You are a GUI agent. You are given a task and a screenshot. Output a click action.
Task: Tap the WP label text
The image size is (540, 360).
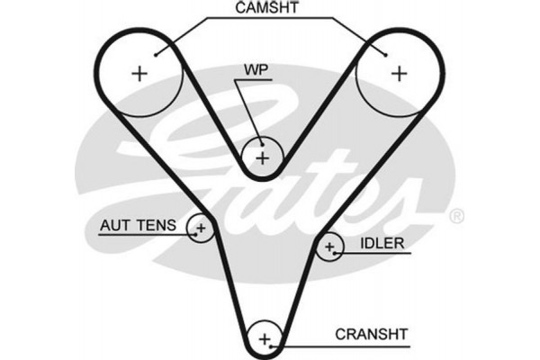click(x=256, y=68)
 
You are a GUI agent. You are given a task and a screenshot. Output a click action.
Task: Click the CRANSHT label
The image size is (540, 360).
click(x=372, y=333)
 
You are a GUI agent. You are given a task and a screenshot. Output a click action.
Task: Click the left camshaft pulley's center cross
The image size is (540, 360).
click(x=139, y=74)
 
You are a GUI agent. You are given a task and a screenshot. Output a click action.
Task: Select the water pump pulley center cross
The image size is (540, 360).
click(x=262, y=158)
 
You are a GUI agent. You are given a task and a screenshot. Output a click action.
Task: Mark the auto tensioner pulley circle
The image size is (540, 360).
click(x=200, y=229)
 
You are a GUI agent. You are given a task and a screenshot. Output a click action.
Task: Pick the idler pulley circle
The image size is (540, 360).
click(x=330, y=246)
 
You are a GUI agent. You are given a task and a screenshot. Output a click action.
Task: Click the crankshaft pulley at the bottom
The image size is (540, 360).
click(x=265, y=338)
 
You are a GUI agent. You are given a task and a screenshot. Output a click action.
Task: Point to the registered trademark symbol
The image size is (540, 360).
click(x=456, y=216)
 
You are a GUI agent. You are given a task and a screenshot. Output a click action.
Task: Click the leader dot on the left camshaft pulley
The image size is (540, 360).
click(x=157, y=55)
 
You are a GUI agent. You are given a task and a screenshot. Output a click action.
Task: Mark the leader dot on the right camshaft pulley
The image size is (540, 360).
click(x=387, y=54)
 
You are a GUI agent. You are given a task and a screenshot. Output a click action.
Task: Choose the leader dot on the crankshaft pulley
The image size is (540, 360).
click(x=279, y=345)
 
